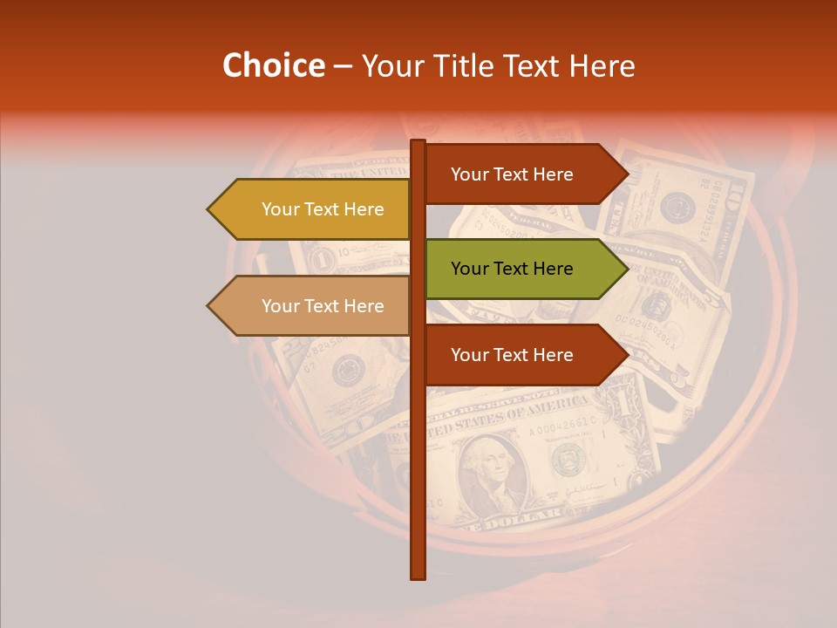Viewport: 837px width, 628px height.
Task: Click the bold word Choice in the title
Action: (x=273, y=66)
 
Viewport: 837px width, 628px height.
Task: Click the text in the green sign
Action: (x=512, y=269)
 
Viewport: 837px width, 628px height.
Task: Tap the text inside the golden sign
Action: (x=323, y=209)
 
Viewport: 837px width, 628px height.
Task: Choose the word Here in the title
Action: (x=602, y=66)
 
